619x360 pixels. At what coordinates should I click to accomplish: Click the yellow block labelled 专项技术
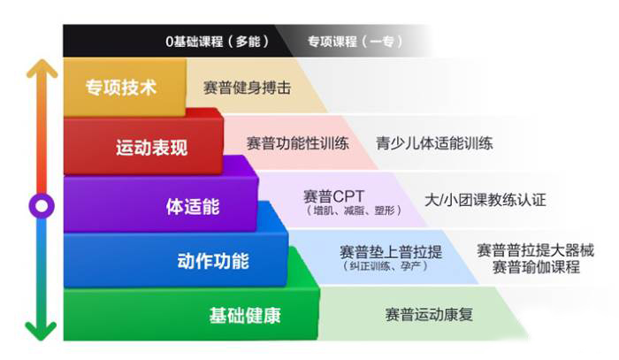121,88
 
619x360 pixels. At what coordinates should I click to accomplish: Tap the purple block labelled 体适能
193,206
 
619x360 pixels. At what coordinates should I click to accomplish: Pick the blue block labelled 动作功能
213,261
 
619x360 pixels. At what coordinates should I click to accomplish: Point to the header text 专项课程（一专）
351,42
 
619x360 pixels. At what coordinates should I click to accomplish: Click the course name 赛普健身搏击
247,88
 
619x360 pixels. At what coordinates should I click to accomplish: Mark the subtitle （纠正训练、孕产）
386,266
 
